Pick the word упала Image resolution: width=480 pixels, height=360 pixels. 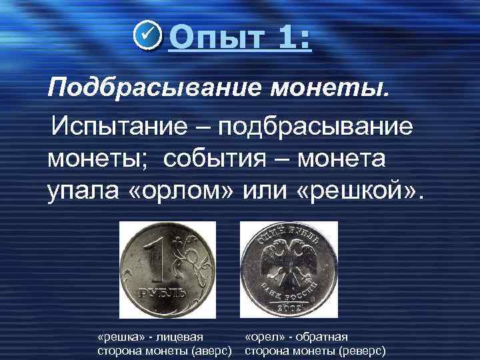82,193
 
